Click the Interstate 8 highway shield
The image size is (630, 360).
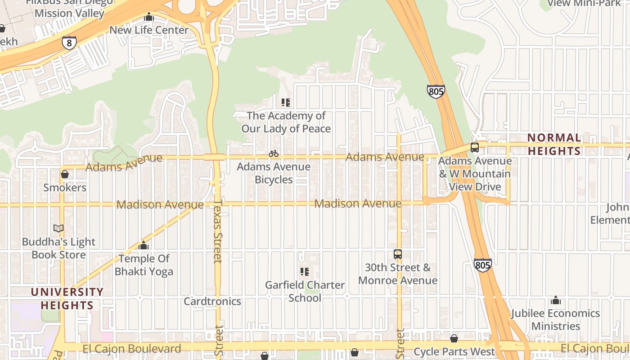pyautogui.click(x=69, y=43)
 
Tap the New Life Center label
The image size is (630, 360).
pyautogui.click(x=149, y=30)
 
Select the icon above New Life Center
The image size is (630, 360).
pyautogui.click(x=149, y=17)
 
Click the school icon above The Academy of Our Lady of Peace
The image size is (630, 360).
pyautogui.click(x=286, y=103)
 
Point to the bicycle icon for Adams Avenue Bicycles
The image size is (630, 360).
pyautogui.click(x=274, y=153)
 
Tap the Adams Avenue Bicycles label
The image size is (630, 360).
pyautogui.click(x=274, y=173)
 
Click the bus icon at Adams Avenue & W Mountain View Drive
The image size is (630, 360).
pyautogui.click(x=475, y=147)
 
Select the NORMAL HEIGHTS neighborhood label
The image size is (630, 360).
pyautogui.click(x=554, y=144)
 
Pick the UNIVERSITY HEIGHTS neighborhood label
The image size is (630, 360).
pyautogui.click(x=67, y=299)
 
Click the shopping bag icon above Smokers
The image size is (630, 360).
pyautogui.click(x=65, y=174)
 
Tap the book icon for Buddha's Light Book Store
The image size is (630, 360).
pyautogui.click(x=58, y=228)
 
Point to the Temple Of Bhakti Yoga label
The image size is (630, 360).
pyautogui.click(x=144, y=265)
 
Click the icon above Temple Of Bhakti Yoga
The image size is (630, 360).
pyautogui.click(x=144, y=245)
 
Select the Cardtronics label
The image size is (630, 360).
pyautogui.click(x=212, y=301)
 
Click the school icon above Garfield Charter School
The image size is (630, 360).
pyautogui.click(x=305, y=272)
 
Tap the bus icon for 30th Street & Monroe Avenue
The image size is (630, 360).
pyautogui.click(x=398, y=254)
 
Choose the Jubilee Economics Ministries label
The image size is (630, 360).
pyautogui.click(x=555, y=319)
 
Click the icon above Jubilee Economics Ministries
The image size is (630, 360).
pyautogui.click(x=556, y=300)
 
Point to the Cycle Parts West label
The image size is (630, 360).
pyautogui.click(x=454, y=351)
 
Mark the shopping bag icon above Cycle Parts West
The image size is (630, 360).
pyautogui.click(x=454, y=338)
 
